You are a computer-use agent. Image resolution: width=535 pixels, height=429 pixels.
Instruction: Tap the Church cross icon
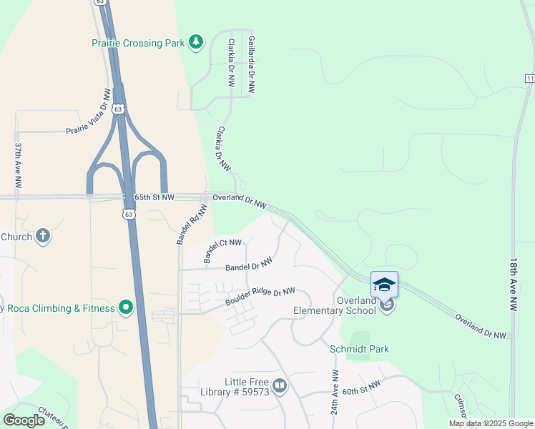(x=43, y=237)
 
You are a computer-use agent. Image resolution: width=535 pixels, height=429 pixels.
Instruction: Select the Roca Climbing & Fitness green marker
(x=126, y=308)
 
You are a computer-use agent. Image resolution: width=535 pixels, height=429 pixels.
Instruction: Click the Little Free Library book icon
(x=279, y=387)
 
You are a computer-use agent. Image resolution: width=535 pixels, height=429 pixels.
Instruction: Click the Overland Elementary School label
(x=335, y=305)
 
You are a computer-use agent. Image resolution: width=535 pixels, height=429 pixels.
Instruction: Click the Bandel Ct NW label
(x=222, y=252)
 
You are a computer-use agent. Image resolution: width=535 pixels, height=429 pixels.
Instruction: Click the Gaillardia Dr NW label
(x=250, y=65)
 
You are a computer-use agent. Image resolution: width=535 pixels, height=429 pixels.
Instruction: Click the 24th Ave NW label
(x=334, y=393)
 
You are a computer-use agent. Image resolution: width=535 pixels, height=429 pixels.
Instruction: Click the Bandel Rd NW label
(x=192, y=225)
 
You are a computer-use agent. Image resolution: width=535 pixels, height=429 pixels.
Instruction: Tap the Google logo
(x=24, y=420)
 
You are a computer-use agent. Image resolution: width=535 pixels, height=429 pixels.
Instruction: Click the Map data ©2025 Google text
(x=490, y=423)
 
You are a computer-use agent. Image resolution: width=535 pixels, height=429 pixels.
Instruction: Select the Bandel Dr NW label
(x=249, y=265)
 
